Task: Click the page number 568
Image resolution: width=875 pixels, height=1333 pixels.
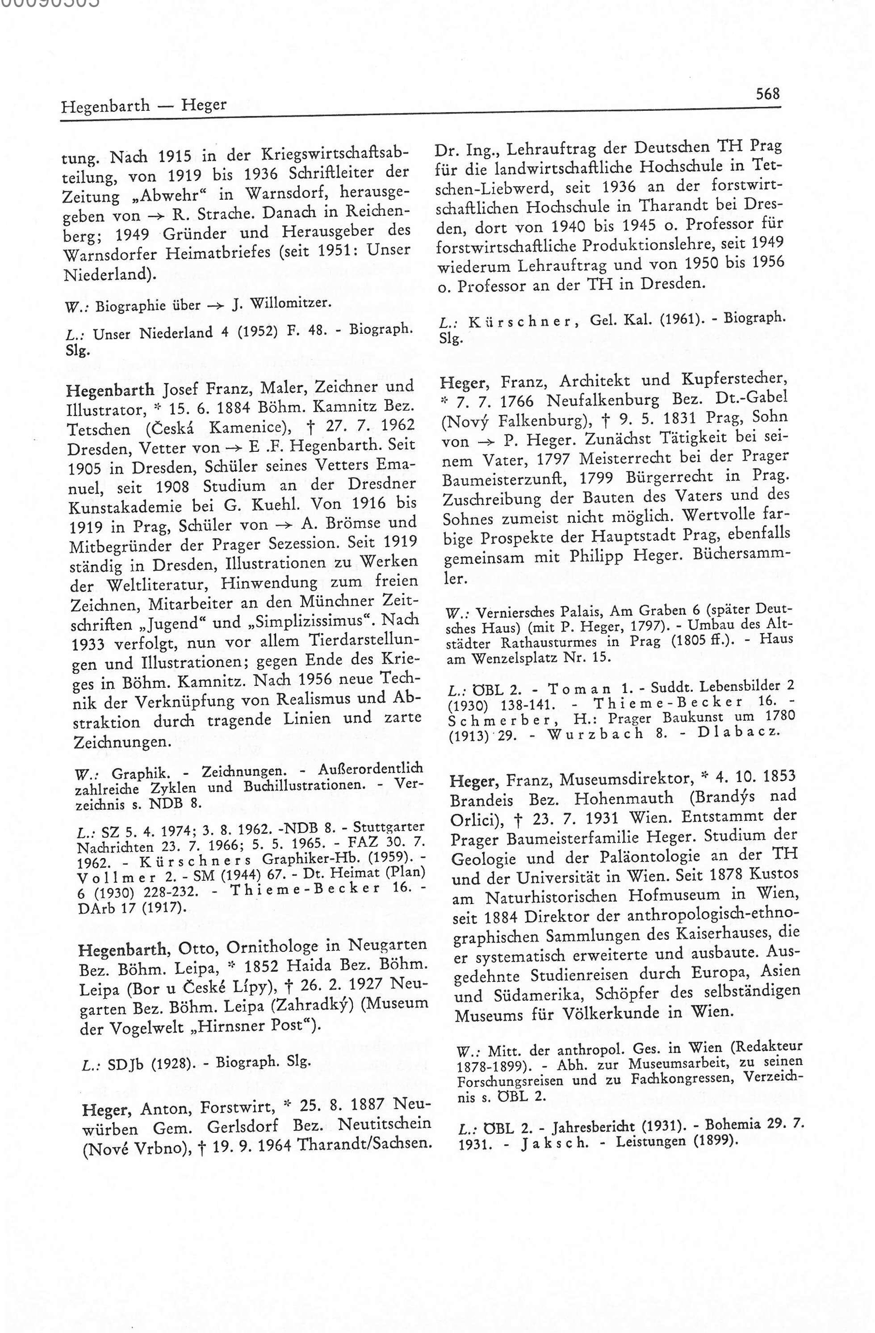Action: [x=767, y=93]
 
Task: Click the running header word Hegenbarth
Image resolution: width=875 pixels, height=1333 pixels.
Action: [x=105, y=106]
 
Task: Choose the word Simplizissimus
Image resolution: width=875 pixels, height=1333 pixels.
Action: [x=306, y=621]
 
